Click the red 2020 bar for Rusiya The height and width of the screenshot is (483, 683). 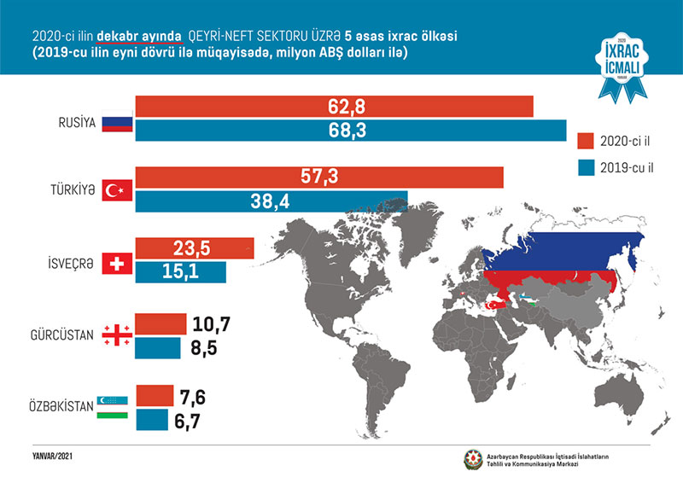point(333,107)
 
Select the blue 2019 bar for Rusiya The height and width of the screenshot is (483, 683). point(350,131)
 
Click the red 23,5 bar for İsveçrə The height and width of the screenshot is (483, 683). point(195,248)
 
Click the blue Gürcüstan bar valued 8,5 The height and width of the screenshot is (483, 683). point(158,347)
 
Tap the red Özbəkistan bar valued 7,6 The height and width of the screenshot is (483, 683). point(154,395)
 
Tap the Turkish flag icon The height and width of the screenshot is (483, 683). point(114,190)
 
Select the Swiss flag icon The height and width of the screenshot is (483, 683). point(114,263)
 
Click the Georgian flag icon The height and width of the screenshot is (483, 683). point(115,335)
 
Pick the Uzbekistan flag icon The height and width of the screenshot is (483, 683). point(114,406)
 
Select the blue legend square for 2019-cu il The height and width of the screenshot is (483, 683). point(585,166)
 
